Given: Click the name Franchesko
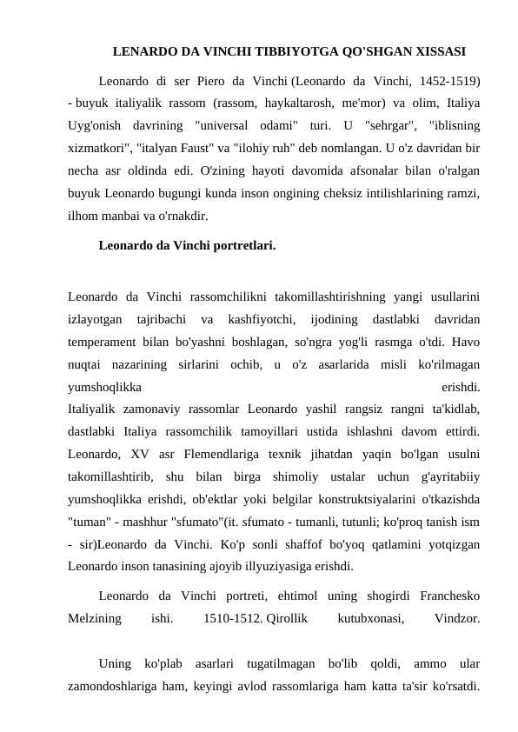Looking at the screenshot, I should [449, 596].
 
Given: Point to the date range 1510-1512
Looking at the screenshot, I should [232, 619].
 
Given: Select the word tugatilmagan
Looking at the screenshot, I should [281, 664].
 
